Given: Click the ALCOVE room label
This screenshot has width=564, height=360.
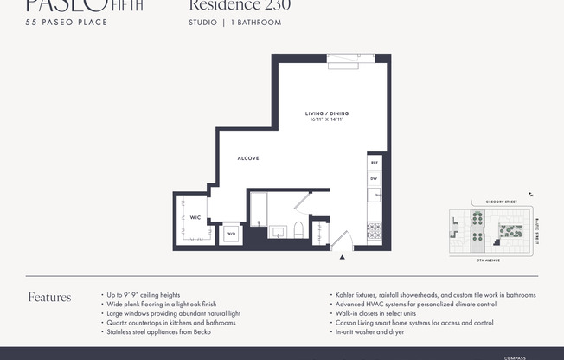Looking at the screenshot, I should (x=248, y=158).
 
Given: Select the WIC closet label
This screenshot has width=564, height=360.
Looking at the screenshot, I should (x=195, y=218).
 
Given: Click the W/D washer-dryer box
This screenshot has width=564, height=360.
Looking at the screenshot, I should (x=231, y=234).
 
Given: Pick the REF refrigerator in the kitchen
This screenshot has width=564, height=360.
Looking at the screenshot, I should (x=375, y=163).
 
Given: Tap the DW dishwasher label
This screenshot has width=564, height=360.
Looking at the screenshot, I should (x=375, y=179).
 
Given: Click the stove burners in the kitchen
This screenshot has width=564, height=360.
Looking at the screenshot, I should (x=375, y=231).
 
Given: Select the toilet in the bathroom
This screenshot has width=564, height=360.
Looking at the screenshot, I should (x=298, y=230).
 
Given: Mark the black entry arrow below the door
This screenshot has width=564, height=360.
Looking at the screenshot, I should (x=343, y=257).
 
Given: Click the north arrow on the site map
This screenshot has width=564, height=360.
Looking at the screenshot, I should (x=531, y=196).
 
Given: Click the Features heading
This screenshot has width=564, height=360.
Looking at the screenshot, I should (x=50, y=297).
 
